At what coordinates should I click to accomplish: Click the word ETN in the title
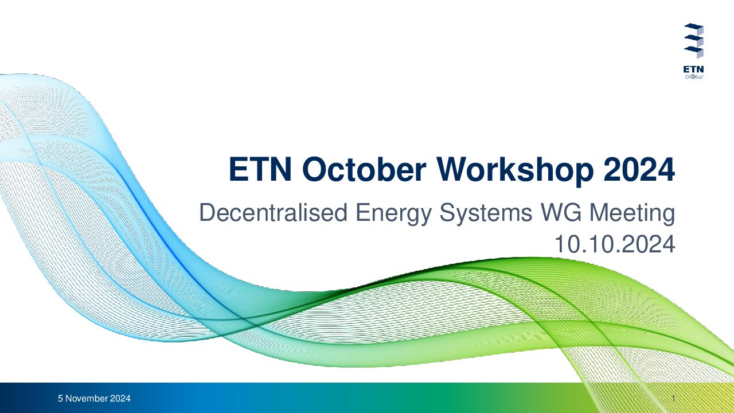coord(260,169)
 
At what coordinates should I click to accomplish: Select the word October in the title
coord(364,169)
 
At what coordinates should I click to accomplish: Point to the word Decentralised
coord(274,212)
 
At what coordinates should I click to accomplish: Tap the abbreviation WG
coord(561,213)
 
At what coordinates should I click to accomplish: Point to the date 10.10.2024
coord(615,244)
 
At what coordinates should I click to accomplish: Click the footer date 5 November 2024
coord(94,399)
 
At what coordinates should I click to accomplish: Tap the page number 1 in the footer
coord(673,399)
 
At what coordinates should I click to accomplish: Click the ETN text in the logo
coord(693,69)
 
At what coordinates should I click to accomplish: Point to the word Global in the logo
coord(694,77)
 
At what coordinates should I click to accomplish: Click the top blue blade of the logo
coord(693,26)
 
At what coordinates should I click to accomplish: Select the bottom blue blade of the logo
coord(693,49)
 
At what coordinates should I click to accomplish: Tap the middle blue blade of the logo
coord(693,38)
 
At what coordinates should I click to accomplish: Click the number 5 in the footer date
coord(60,399)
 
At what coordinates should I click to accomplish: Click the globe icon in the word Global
coord(693,77)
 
